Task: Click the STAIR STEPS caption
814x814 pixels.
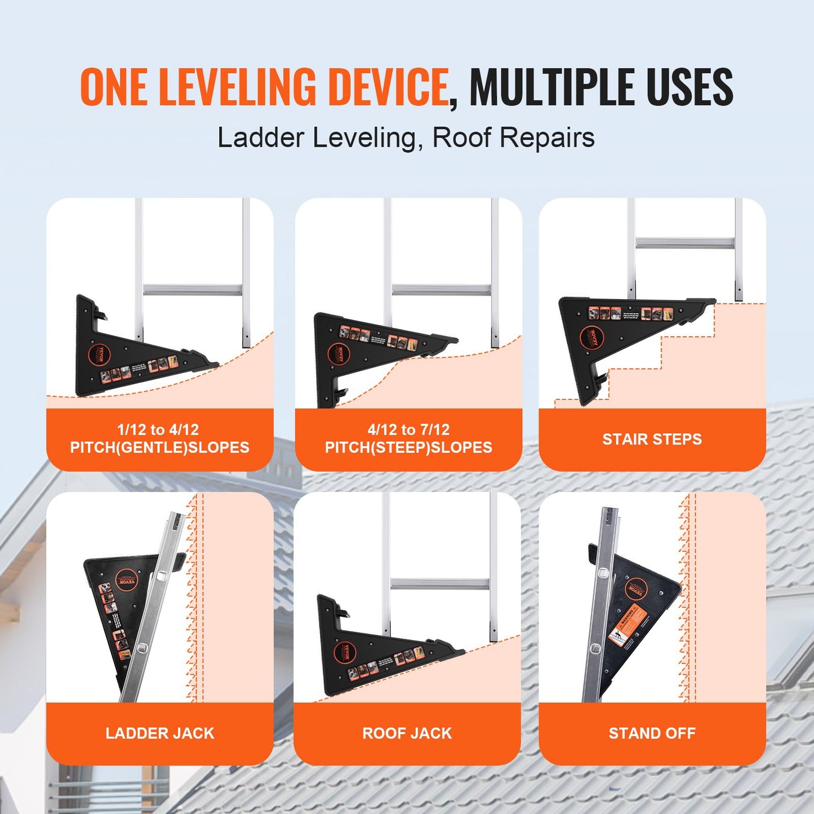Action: [x=652, y=439]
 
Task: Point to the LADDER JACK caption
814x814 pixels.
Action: [x=160, y=733]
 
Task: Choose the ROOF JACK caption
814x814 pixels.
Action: [x=407, y=733]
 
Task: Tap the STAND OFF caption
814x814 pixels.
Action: [x=652, y=733]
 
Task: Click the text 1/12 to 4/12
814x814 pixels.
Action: [x=158, y=430]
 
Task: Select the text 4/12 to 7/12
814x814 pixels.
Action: [x=408, y=430]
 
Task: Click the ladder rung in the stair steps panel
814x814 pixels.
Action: [x=685, y=243]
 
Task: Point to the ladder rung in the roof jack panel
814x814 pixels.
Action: [x=439, y=583]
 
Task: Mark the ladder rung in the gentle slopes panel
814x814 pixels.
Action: [x=193, y=290]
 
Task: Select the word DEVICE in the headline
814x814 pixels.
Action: [x=388, y=87]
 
